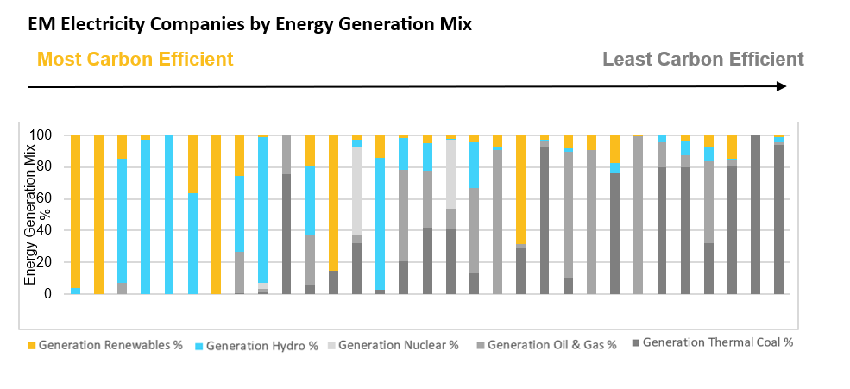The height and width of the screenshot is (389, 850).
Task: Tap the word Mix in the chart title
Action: coord(455,24)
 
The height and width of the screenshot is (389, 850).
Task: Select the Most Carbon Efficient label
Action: coord(135,60)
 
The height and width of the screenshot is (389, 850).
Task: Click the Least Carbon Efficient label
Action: coord(702,60)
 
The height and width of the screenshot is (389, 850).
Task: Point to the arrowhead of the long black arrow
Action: coord(781,86)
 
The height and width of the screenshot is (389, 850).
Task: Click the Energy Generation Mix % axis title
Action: coord(30,216)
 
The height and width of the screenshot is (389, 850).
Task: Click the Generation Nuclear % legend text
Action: coord(398,345)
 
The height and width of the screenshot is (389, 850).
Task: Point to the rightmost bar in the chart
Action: coord(778,216)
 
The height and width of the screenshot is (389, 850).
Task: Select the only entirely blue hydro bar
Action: coord(169,216)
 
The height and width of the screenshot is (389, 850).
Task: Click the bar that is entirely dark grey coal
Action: coord(755,216)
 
